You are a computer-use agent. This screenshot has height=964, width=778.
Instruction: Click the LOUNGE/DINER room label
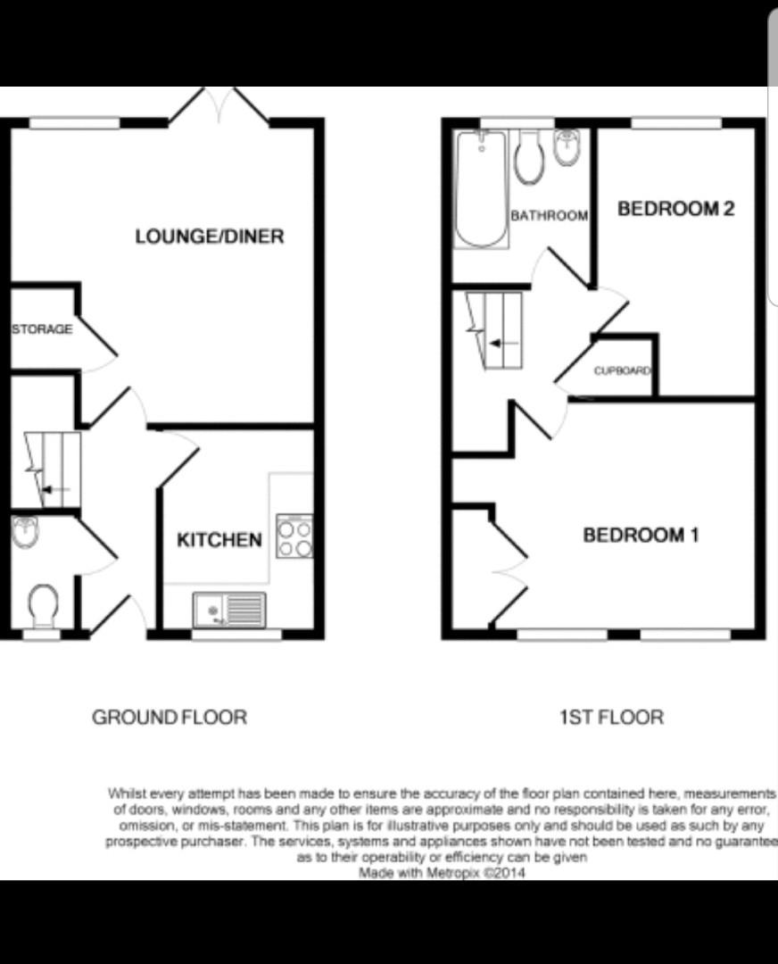point(210,237)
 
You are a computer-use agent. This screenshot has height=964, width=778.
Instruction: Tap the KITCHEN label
point(219,540)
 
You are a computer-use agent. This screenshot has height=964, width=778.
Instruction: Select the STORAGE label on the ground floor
point(42,328)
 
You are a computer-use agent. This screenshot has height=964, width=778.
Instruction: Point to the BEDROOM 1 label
point(641,535)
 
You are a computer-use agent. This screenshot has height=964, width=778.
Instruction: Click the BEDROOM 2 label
point(676,208)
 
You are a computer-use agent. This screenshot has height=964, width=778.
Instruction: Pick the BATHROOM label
point(549,216)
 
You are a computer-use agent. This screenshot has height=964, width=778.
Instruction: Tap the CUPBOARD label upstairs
point(622,370)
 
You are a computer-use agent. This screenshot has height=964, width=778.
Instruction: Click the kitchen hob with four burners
point(294,536)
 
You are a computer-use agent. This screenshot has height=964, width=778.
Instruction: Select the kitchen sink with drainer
point(229,610)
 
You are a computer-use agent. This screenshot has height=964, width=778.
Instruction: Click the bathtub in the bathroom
point(481,188)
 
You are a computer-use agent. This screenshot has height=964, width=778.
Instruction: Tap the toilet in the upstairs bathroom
point(530,157)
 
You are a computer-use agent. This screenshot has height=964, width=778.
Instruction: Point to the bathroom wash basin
point(567,147)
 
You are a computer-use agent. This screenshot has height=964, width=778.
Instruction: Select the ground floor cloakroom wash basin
point(25,531)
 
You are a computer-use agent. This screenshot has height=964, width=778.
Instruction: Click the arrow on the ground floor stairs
point(56,489)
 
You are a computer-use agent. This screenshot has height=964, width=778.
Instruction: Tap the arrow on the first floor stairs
point(504,342)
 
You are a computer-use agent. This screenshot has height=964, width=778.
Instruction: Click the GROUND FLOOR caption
point(170,717)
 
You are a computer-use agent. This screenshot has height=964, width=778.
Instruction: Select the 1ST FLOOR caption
point(611,717)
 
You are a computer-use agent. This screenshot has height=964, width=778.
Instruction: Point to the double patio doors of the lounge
point(219,105)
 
